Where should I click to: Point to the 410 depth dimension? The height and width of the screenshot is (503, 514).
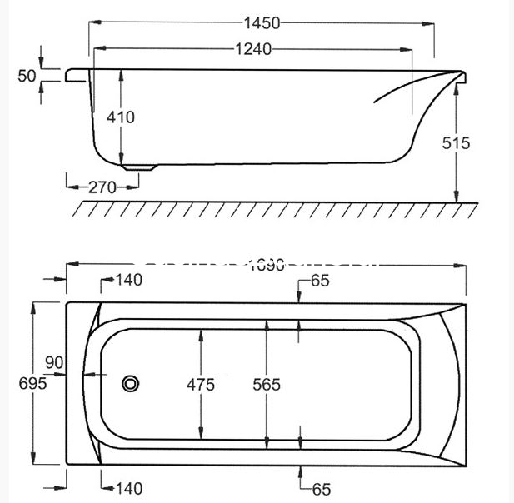pyautogui.click(x=120, y=117)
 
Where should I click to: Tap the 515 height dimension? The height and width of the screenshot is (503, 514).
pyautogui.click(x=457, y=143)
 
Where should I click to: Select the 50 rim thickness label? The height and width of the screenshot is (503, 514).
pyautogui.click(x=27, y=76)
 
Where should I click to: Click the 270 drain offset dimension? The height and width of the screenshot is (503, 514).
pyautogui.click(x=102, y=187)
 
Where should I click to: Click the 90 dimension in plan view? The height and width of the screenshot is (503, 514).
pyautogui.click(x=55, y=362)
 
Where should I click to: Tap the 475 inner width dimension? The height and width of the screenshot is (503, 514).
pyautogui.click(x=201, y=384)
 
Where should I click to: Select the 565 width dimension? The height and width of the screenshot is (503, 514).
pyautogui.click(x=266, y=384)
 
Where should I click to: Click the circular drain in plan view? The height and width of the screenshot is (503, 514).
pyautogui.click(x=131, y=384)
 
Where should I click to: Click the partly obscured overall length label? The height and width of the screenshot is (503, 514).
pyautogui.click(x=266, y=265)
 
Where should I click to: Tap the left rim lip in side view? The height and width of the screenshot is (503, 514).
pyautogui.click(x=76, y=76)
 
